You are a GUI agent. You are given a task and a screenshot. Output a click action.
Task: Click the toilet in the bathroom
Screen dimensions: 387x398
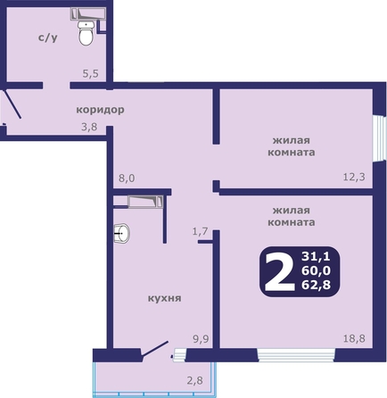click(86, 33)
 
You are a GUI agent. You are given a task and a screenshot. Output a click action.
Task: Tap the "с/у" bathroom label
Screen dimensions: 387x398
click(48, 37)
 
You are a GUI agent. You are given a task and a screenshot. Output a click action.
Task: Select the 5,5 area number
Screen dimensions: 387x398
click(90, 73)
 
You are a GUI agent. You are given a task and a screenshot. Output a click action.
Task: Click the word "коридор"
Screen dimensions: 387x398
click(100, 110)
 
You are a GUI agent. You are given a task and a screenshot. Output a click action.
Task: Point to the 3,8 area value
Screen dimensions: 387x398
click(89, 127)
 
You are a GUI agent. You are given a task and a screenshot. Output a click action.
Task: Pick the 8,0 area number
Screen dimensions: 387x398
click(127, 178)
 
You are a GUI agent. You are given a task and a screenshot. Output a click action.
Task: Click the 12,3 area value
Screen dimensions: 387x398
click(354, 177)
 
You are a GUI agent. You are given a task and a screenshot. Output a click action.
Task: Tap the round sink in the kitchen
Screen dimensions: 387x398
click(122, 234)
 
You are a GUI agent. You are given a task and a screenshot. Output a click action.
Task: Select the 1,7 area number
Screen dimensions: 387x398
click(200, 231)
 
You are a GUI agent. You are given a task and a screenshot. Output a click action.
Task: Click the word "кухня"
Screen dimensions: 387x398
click(164, 298)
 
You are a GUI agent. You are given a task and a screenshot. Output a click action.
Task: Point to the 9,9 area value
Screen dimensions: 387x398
click(202, 339)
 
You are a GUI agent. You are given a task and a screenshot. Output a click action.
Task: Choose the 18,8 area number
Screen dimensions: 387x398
click(354, 338)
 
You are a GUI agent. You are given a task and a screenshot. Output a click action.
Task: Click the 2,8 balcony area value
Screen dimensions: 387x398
click(195, 380)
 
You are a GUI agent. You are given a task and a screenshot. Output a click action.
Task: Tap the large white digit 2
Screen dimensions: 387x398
click(279, 271)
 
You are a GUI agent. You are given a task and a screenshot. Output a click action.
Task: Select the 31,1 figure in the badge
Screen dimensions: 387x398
click(316, 256)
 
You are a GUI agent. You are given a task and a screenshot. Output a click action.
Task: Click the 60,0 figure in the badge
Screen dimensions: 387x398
click(316, 270)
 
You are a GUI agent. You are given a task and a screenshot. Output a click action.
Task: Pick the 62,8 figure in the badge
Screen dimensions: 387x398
click(316, 285)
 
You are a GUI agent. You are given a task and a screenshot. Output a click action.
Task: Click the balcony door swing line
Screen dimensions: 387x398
click(155, 348)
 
